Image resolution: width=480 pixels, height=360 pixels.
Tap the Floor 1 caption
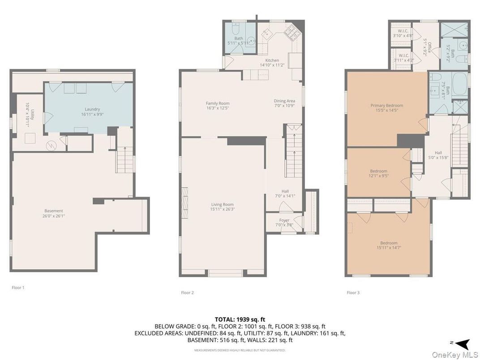click(x=18, y=287)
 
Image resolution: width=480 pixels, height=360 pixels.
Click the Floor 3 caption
click(x=353, y=292)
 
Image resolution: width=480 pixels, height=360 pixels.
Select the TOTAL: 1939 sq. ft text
click(x=240, y=319)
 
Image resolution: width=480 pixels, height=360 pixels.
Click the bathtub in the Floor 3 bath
click(x=459, y=84)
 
